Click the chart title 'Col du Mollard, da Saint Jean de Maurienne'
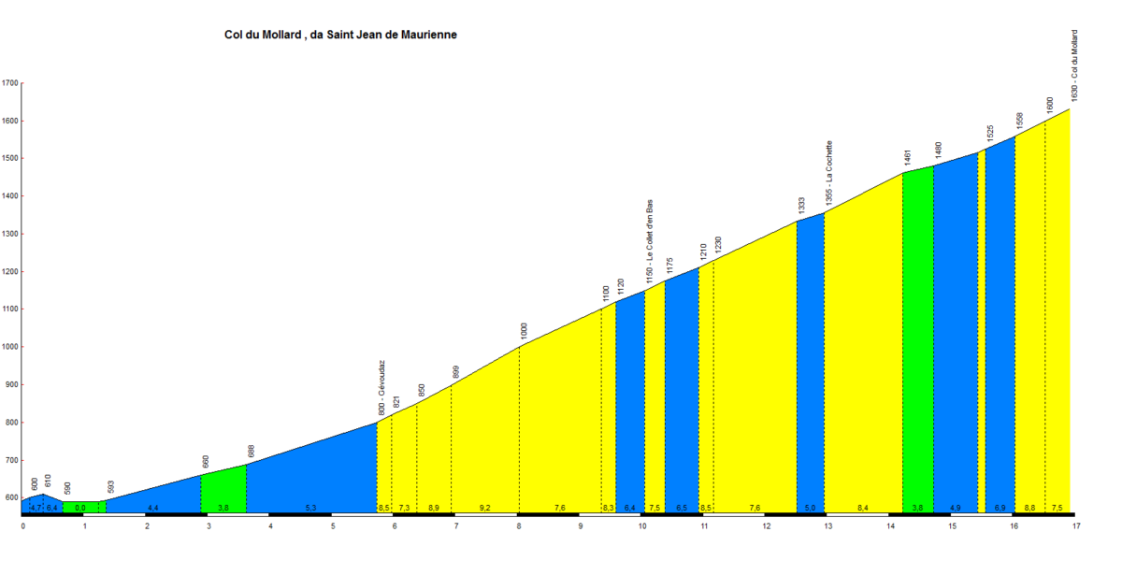point(340,35)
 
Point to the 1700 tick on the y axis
point(10,83)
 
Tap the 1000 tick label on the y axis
point(10,347)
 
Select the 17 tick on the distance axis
point(1076,525)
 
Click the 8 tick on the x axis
point(518,525)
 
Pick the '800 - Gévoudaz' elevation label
point(381,388)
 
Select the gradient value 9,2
point(484,508)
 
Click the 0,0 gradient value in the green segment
point(80,508)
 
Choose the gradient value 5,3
point(310,508)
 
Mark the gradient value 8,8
point(1029,508)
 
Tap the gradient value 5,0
point(810,508)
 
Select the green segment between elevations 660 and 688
point(223,491)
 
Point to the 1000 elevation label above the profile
point(525,330)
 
